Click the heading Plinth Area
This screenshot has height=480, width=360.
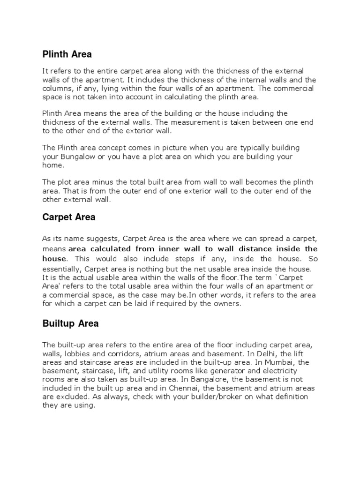tap(67, 54)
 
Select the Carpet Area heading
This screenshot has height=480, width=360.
tap(69, 217)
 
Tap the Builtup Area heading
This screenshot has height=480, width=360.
tap(70, 323)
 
